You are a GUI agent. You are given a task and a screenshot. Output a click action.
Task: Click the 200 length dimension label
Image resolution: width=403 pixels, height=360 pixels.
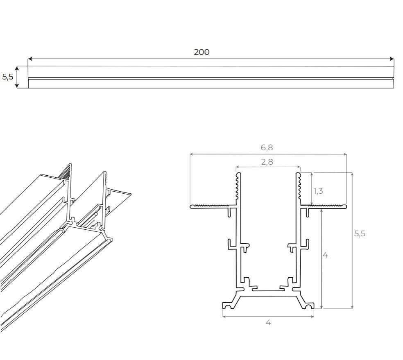[201, 52]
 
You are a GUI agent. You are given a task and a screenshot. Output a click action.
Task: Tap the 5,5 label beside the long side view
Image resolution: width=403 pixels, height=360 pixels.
[8, 77]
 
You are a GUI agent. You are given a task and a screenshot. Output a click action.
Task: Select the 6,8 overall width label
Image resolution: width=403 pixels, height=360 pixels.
[267, 147]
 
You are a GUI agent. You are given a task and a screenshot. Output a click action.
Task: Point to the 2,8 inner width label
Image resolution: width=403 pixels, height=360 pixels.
[267, 162]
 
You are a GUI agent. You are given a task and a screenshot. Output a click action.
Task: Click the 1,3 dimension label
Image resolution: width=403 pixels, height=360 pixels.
[318, 191]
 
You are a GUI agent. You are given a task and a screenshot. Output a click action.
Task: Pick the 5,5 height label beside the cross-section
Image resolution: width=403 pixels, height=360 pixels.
[360, 233]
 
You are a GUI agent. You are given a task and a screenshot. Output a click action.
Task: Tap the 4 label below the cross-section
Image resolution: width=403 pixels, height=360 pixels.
[268, 322]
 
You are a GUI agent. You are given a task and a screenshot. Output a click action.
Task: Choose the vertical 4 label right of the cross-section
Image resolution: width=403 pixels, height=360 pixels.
[325, 255]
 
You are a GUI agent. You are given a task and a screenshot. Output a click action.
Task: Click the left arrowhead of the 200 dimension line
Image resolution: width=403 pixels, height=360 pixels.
[29, 59]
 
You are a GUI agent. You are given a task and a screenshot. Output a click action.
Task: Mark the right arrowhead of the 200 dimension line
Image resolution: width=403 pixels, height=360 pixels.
[392, 59]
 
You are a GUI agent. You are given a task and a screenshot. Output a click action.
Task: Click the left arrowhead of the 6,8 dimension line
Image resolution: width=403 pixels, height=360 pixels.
[192, 154]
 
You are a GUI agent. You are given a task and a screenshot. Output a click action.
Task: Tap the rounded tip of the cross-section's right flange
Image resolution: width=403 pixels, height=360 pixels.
[345, 206]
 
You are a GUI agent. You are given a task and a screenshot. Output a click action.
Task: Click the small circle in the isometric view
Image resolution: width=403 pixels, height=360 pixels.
[96, 214]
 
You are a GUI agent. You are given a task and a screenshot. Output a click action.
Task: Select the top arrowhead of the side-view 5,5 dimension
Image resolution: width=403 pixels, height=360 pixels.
[17, 68]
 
